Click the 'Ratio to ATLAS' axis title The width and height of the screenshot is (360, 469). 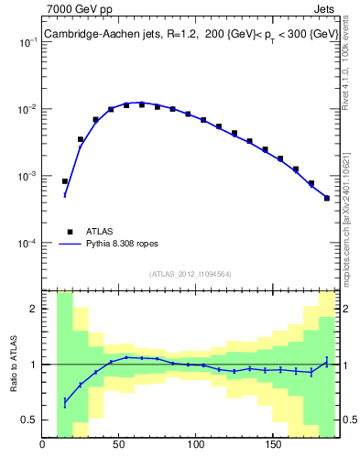(14, 364)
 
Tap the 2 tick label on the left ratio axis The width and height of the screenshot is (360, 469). (34, 309)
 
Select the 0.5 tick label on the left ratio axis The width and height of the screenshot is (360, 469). (30, 420)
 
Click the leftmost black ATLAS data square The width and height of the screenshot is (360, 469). (65, 181)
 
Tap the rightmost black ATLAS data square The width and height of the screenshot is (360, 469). (326, 198)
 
